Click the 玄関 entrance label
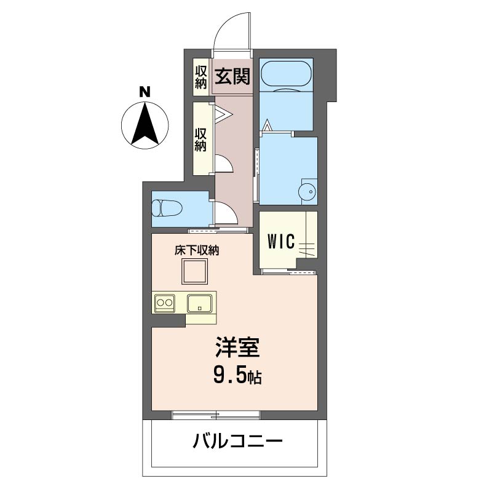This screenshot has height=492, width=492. point(232,76)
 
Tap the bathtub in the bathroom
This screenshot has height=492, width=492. point(286,75)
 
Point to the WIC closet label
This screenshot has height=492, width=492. point(281,241)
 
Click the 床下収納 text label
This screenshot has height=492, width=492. point(197,250)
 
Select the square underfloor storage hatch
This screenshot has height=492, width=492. point(194,271)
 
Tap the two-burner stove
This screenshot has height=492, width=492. point(165,303)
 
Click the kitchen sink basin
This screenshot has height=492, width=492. point(199,303)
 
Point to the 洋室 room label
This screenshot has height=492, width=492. point(237,347)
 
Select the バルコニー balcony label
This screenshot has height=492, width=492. point(237,441)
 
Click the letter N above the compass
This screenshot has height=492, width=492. point(145,92)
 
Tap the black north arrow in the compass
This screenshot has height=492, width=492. point(145,125)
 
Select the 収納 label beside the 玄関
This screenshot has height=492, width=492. point(201,77)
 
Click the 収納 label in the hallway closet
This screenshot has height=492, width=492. point(201,140)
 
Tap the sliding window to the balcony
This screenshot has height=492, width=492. point(216,415)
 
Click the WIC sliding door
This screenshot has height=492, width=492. point(288,272)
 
